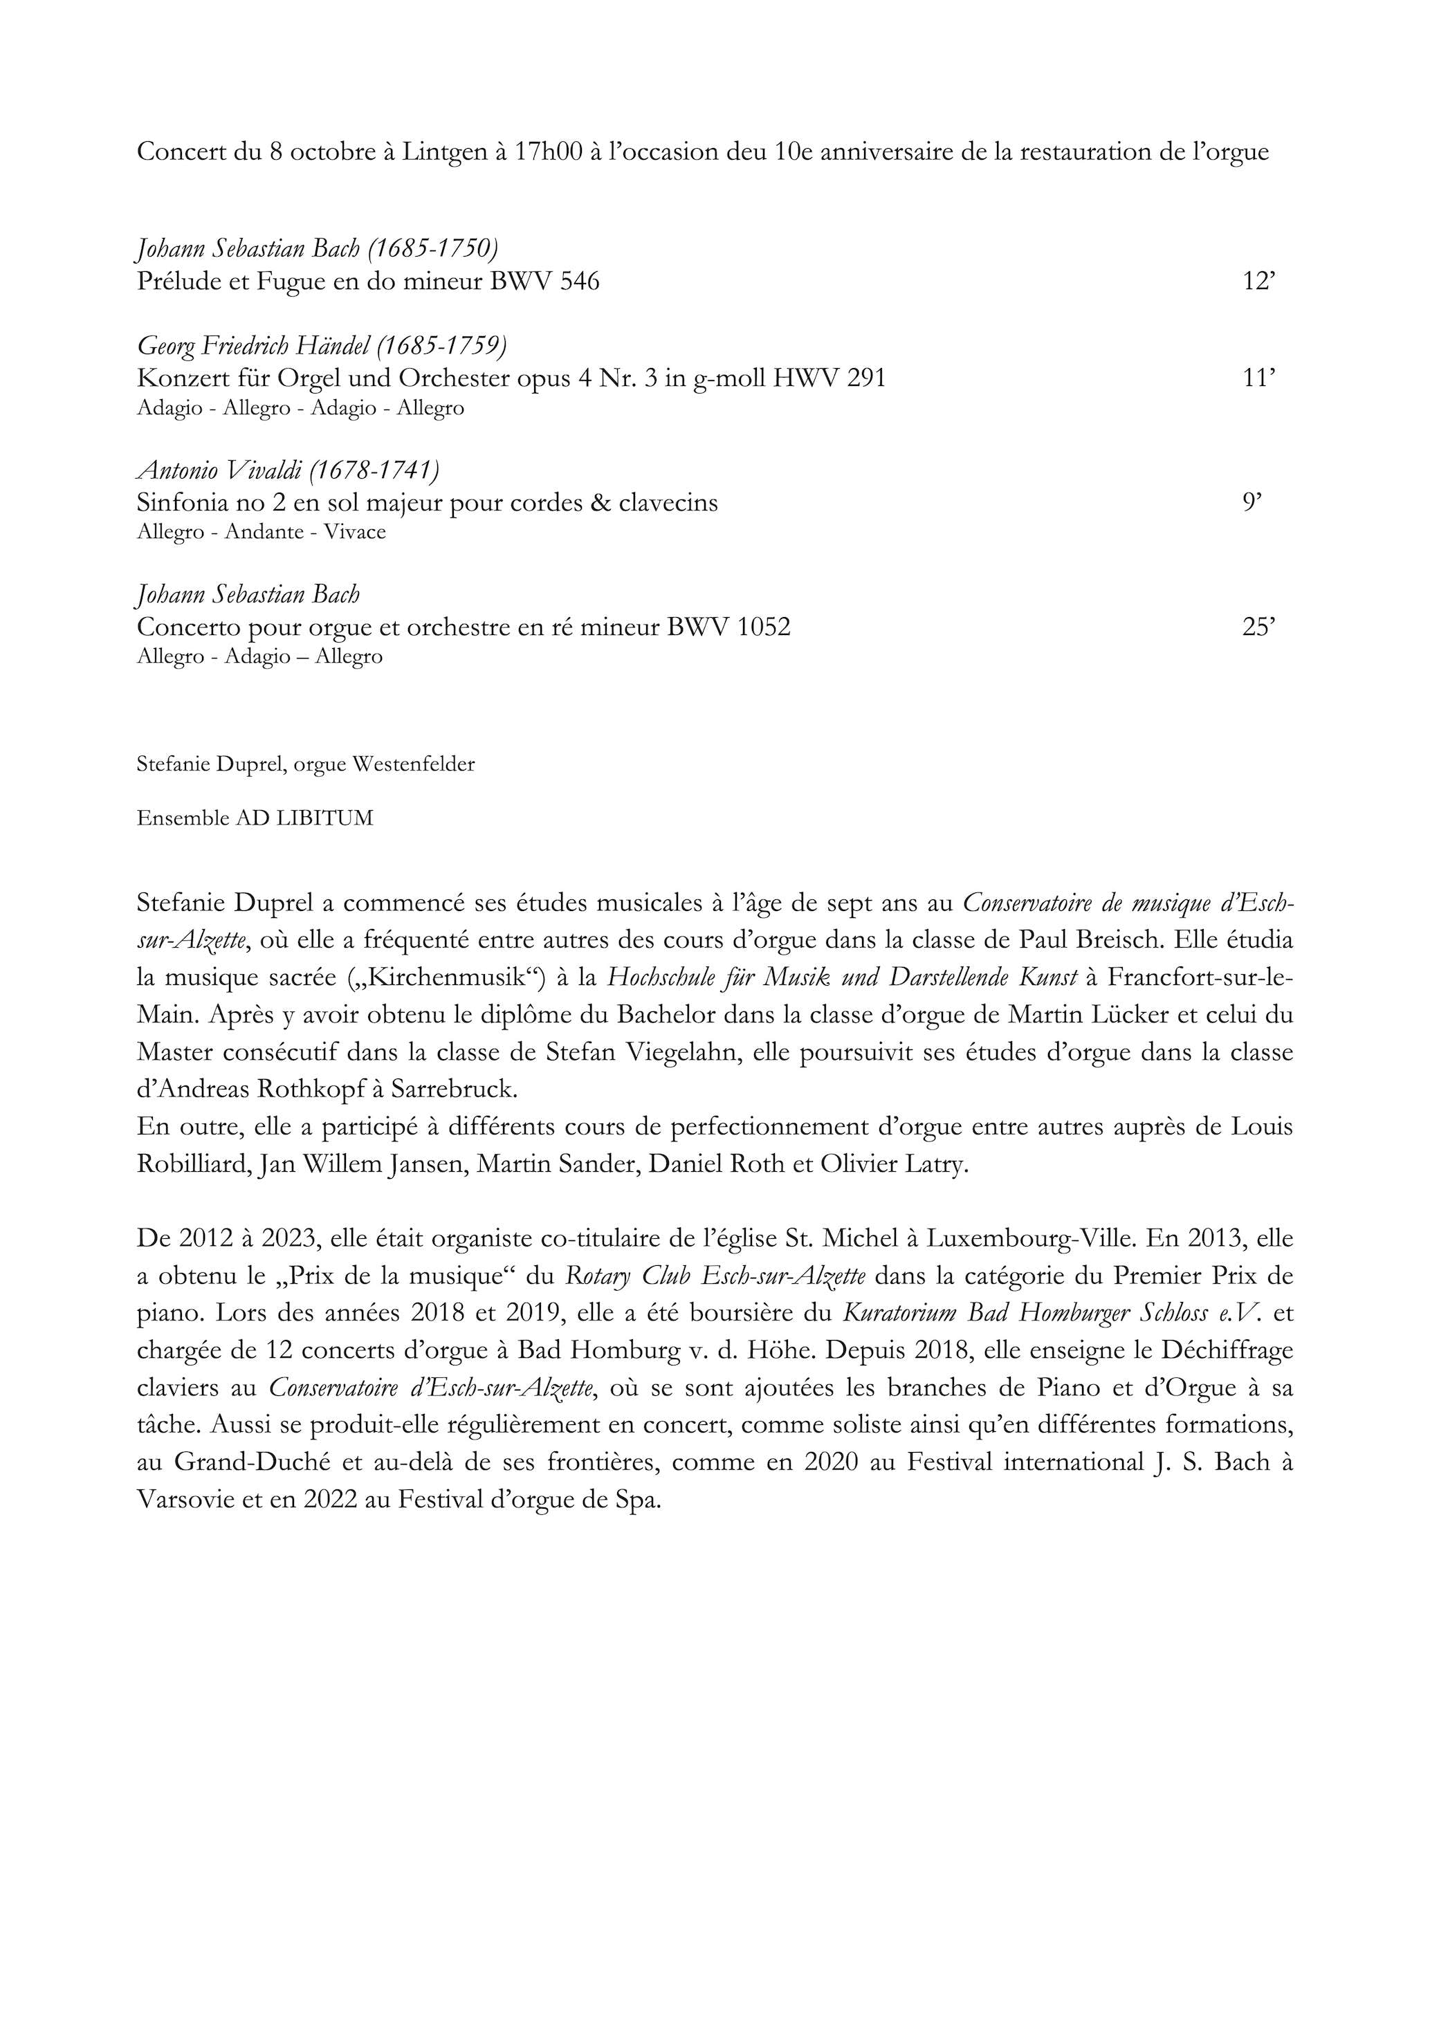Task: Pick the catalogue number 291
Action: coord(864,378)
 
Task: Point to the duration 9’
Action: coord(1252,503)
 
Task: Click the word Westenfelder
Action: coord(413,764)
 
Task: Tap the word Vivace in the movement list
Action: coord(355,533)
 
